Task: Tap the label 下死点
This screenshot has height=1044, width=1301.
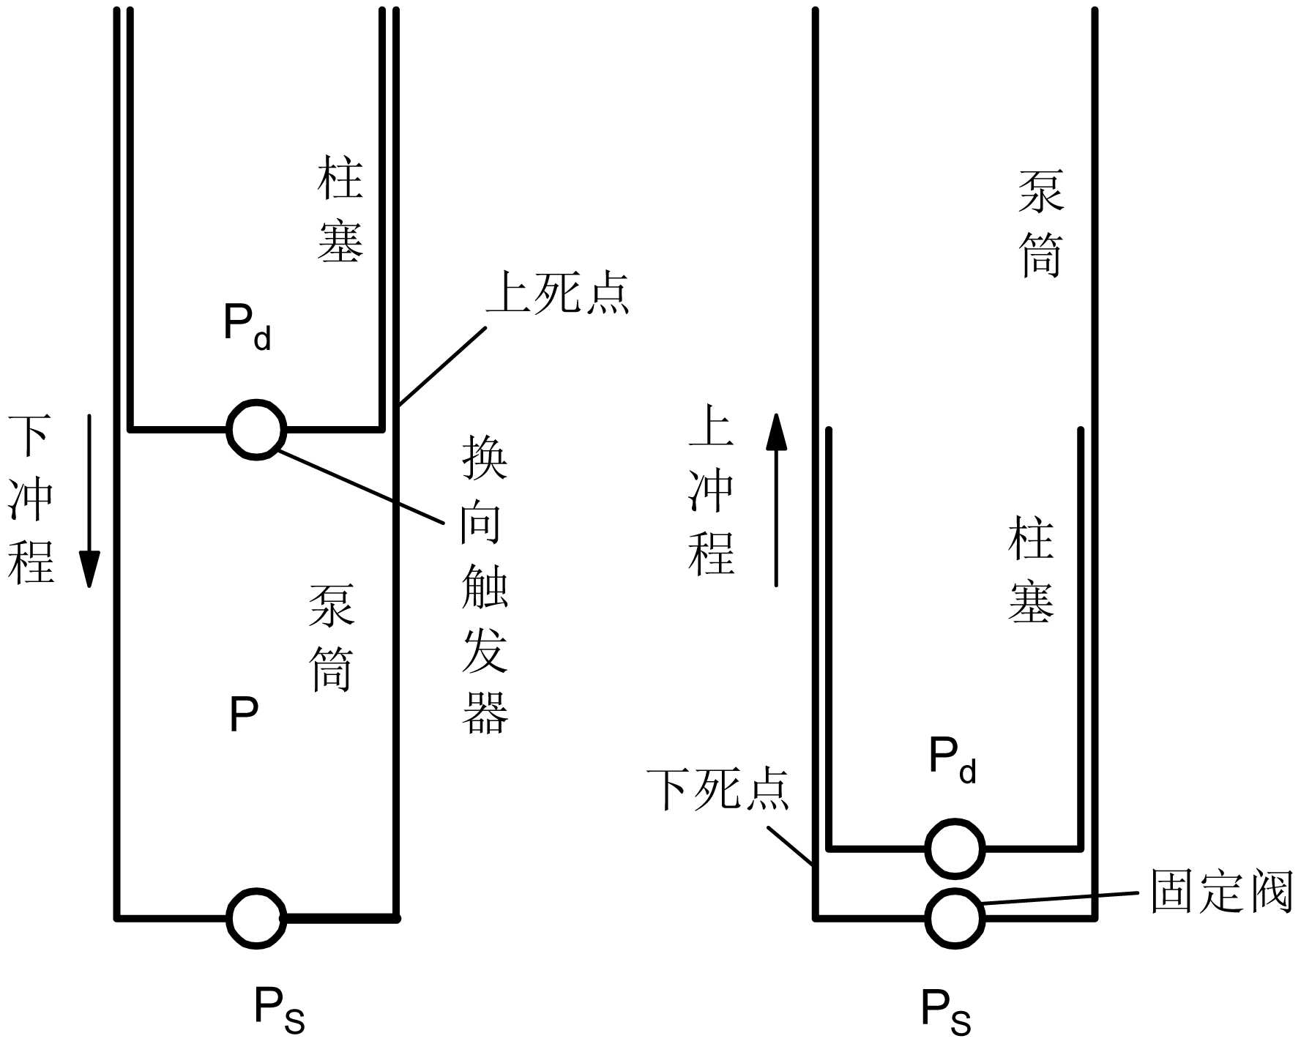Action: pyautogui.click(x=718, y=790)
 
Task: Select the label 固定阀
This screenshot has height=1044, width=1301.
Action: pyautogui.click(x=1221, y=891)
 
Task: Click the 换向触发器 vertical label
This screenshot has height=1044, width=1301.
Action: pyautogui.click(x=485, y=585)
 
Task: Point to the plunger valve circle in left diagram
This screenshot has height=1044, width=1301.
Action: pyautogui.click(x=256, y=430)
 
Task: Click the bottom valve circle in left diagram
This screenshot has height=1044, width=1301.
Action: pyautogui.click(x=256, y=918)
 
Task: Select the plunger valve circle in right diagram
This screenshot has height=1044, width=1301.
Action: pyautogui.click(x=954, y=849)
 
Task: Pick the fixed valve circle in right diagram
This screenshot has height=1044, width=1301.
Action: pyautogui.click(x=954, y=917)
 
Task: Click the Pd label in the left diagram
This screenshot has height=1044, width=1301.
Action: pyautogui.click(x=247, y=327)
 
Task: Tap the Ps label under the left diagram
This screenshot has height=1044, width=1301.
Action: pyautogui.click(x=279, y=1010)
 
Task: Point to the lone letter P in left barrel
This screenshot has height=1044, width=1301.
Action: pyautogui.click(x=244, y=714)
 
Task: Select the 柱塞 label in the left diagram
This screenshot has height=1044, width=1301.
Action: pyautogui.click(x=340, y=210)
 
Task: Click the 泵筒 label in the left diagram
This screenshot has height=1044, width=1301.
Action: pyautogui.click(x=332, y=638)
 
